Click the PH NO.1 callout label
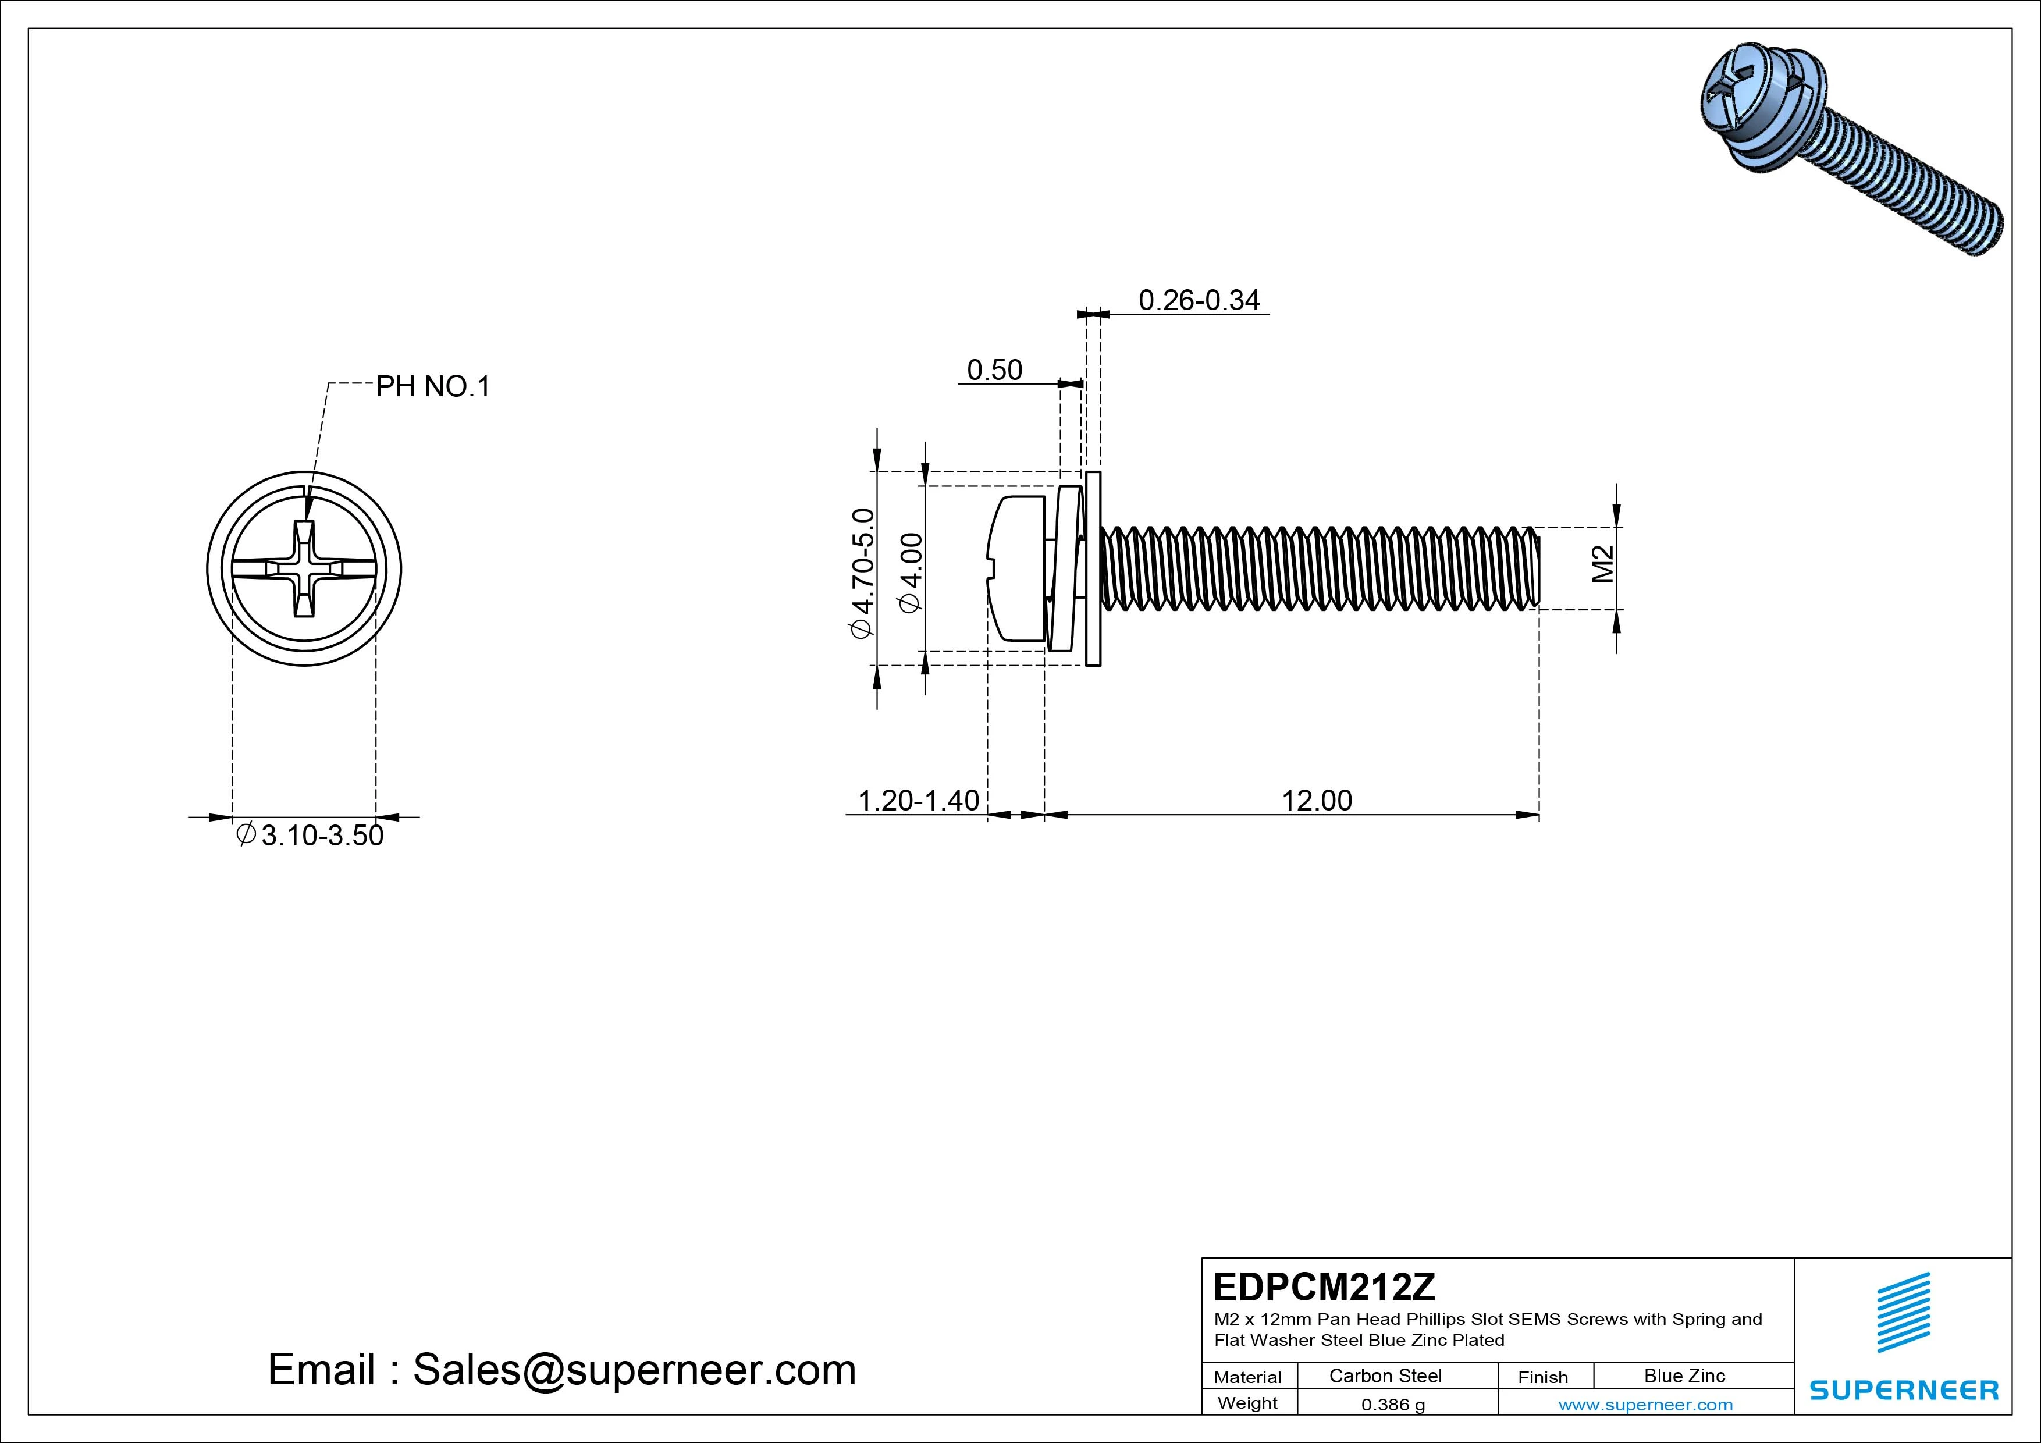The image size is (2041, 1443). pos(433,387)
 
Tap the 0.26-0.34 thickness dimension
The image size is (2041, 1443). pos(1199,300)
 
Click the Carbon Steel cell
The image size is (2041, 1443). pos(1385,1376)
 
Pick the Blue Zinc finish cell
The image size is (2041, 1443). pos(1684,1376)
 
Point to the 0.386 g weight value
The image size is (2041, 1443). pos(1392,1405)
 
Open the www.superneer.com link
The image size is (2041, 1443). pos(1645,1405)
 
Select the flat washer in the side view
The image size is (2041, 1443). pos(1093,569)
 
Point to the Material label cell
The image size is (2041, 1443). pos(1247,1377)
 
